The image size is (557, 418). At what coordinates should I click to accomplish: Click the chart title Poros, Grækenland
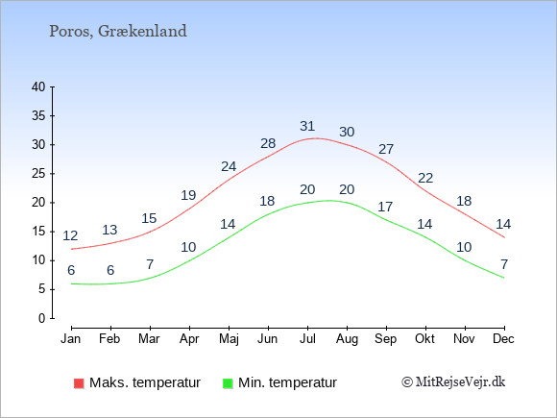(118, 31)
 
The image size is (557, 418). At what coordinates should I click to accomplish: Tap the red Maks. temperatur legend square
(79, 383)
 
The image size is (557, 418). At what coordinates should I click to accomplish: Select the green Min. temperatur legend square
(228, 383)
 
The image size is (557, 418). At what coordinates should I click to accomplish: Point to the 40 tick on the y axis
(38, 86)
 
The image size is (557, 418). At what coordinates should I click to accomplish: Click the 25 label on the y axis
(38, 174)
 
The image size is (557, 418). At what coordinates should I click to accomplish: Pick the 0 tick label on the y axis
(42, 318)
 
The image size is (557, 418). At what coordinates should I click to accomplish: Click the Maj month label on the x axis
(229, 339)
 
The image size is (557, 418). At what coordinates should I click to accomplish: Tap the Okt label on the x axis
(424, 338)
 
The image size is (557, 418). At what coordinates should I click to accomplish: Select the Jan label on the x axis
(71, 338)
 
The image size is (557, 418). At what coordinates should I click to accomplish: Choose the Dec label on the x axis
(503, 338)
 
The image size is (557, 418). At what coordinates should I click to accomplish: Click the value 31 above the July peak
(307, 126)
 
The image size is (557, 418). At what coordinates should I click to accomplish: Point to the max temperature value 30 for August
(347, 132)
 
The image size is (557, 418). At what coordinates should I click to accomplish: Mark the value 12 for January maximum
(70, 235)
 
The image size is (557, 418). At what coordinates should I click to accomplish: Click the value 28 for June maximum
(268, 143)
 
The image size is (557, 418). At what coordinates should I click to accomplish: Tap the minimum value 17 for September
(385, 207)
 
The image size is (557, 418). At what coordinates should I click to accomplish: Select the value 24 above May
(229, 166)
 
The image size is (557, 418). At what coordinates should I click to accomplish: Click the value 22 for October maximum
(425, 178)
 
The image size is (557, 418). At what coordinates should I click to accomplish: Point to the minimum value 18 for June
(267, 201)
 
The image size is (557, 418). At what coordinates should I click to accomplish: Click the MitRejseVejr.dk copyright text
(453, 382)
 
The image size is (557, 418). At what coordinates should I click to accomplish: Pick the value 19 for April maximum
(188, 195)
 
